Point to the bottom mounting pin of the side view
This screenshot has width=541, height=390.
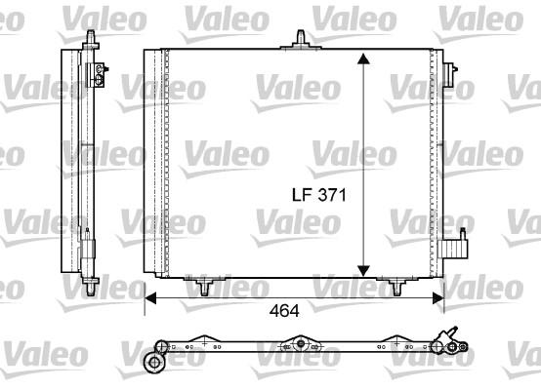click(90, 285)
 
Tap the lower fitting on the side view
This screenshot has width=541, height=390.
click(91, 241)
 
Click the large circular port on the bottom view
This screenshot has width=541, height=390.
click(153, 363)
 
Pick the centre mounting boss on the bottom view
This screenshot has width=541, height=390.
click(300, 345)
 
